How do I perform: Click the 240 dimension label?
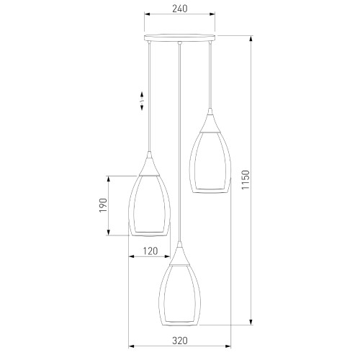180,9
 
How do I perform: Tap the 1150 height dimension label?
246,180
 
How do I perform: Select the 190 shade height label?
103,205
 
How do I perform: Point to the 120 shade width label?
150,251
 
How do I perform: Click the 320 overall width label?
180,341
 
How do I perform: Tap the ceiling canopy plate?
180,37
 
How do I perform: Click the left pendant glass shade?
149,206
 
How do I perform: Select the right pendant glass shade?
210,163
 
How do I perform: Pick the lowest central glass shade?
179,295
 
